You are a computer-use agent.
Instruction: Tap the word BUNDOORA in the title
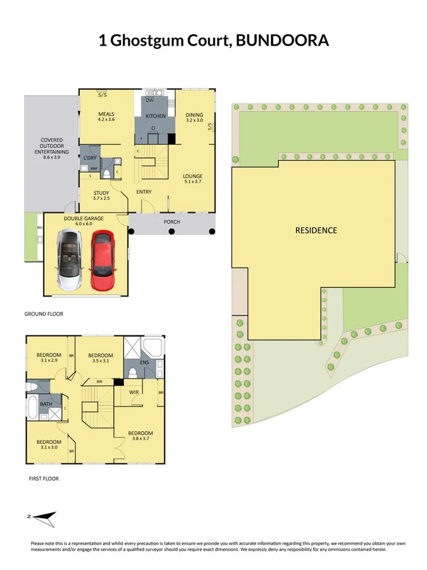coord(282,41)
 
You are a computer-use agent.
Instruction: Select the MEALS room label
coord(105,113)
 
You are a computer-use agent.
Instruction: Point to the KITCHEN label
coord(156,117)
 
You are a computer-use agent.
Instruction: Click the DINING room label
coord(194,115)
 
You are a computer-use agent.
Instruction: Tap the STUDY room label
coord(101,193)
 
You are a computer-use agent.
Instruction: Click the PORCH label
coord(171,222)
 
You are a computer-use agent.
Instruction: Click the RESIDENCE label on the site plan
coord(316,231)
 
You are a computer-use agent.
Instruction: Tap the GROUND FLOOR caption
coord(44,313)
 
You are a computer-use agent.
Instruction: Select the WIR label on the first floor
coord(133,393)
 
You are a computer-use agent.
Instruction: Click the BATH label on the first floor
coord(46,403)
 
